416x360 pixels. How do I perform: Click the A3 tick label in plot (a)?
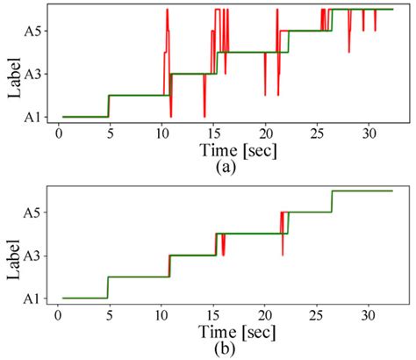click(x=32, y=75)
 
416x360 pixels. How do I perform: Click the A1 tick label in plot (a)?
click(x=32, y=117)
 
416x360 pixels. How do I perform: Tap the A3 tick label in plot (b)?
click(x=32, y=256)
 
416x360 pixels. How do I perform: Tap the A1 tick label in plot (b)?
click(x=32, y=299)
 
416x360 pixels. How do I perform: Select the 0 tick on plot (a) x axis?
click(x=57, y=132)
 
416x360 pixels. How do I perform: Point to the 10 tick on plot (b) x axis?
click(x=161, y=313)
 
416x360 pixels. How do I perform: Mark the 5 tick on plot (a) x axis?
click(x=109, y=132)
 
